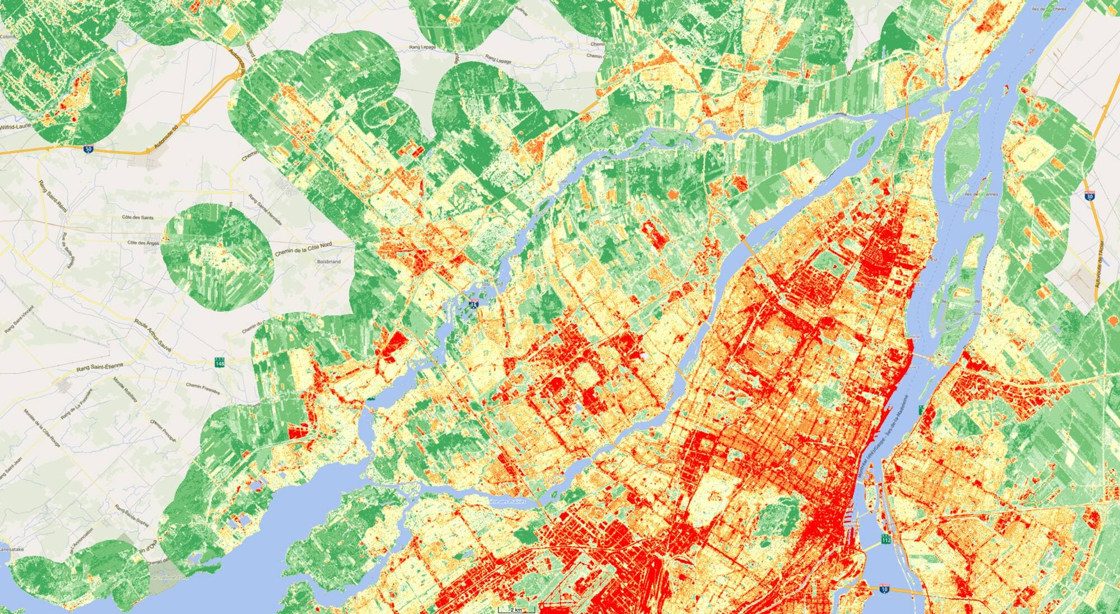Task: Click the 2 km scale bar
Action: coord(517,609)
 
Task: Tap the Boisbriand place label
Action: coord(329,261)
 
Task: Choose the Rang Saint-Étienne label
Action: coord(101,367)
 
